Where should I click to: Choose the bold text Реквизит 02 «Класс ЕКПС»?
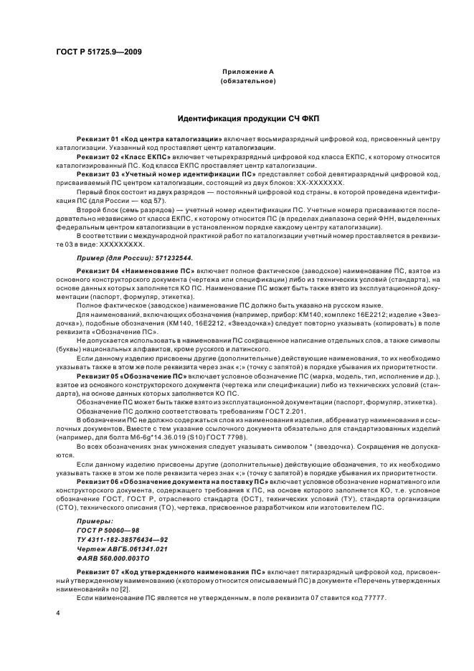120,155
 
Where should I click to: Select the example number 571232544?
170,257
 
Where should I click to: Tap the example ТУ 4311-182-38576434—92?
123,540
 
